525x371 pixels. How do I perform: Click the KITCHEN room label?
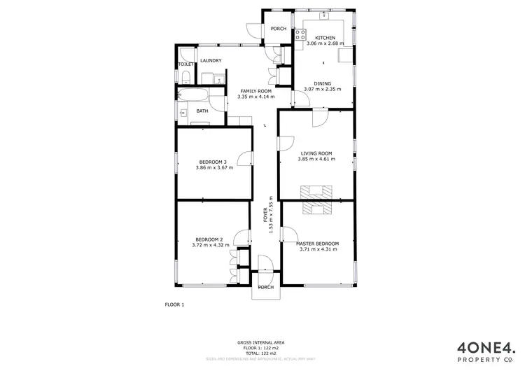[325, 38]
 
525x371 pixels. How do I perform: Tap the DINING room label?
[322, 83]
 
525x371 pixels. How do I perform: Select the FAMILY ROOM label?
[255, 92]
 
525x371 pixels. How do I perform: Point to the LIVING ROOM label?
[316, 153]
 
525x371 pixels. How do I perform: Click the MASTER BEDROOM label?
[318, 244]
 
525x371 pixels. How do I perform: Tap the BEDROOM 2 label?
[209, 239]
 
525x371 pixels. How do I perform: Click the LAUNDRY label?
[211, 60]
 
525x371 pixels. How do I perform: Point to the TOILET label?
[185, 64]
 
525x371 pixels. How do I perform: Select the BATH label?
[202, 111]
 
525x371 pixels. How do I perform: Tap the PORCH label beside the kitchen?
[279, 29]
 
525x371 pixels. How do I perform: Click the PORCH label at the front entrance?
[266, 287]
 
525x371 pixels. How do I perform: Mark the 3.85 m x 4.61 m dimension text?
[316, 159]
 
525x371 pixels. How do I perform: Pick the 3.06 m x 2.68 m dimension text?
[325, 43]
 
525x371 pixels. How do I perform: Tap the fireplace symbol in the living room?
[315, 191]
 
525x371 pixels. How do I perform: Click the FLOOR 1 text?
[174, 304]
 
